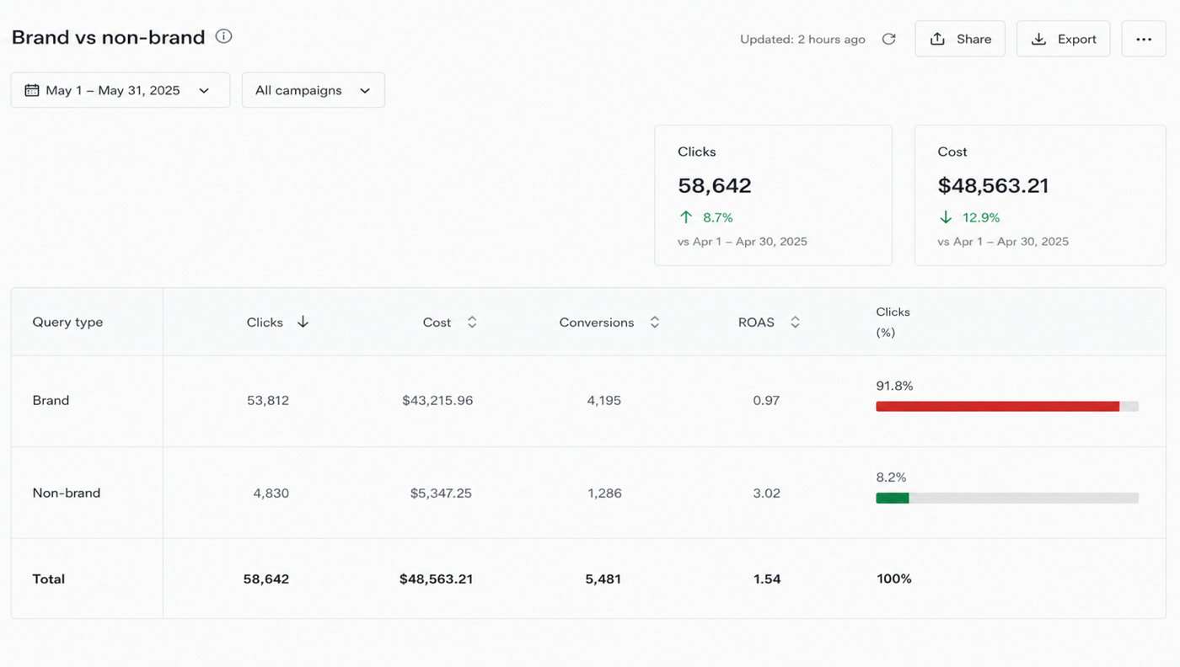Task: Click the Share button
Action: [960, 39]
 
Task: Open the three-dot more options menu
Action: [1144, 39]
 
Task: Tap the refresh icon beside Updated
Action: [888, 39]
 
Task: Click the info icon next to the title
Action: [223, 36]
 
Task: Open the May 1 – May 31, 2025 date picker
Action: [121, 90]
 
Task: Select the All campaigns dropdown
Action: [314, 90]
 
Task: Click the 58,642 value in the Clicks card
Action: [715, 185]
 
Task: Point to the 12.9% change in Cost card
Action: [981, 217]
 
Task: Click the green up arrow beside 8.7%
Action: [686, 217]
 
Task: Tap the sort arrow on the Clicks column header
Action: [303, 322]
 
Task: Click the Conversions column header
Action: [597, 323]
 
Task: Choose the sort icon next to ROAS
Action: [795, 323]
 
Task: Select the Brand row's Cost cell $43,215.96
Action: [437, 401]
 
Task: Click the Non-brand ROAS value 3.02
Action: [766, 494]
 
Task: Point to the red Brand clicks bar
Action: [998, 407]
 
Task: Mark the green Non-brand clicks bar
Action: [893, 498]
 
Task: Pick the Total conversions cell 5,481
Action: [603, 579]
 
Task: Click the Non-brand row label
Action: [67, 493]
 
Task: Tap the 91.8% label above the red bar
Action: [894, 386]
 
